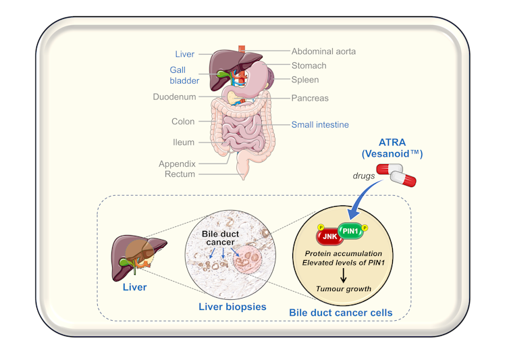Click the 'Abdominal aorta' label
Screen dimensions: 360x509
point(323,51)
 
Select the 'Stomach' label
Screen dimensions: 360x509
point(309,66)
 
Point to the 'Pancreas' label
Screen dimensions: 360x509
point(310,98)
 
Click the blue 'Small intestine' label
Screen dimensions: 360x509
point(320,124)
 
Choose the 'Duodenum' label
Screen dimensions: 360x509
point(174,97)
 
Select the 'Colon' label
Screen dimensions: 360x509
point(182,122)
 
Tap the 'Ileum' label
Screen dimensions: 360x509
point(183,143)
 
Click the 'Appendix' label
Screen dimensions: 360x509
point(177,163)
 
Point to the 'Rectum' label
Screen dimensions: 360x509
point(180,174)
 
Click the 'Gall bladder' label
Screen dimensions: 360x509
point(184,75)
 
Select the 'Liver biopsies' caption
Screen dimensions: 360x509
point(232,307)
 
